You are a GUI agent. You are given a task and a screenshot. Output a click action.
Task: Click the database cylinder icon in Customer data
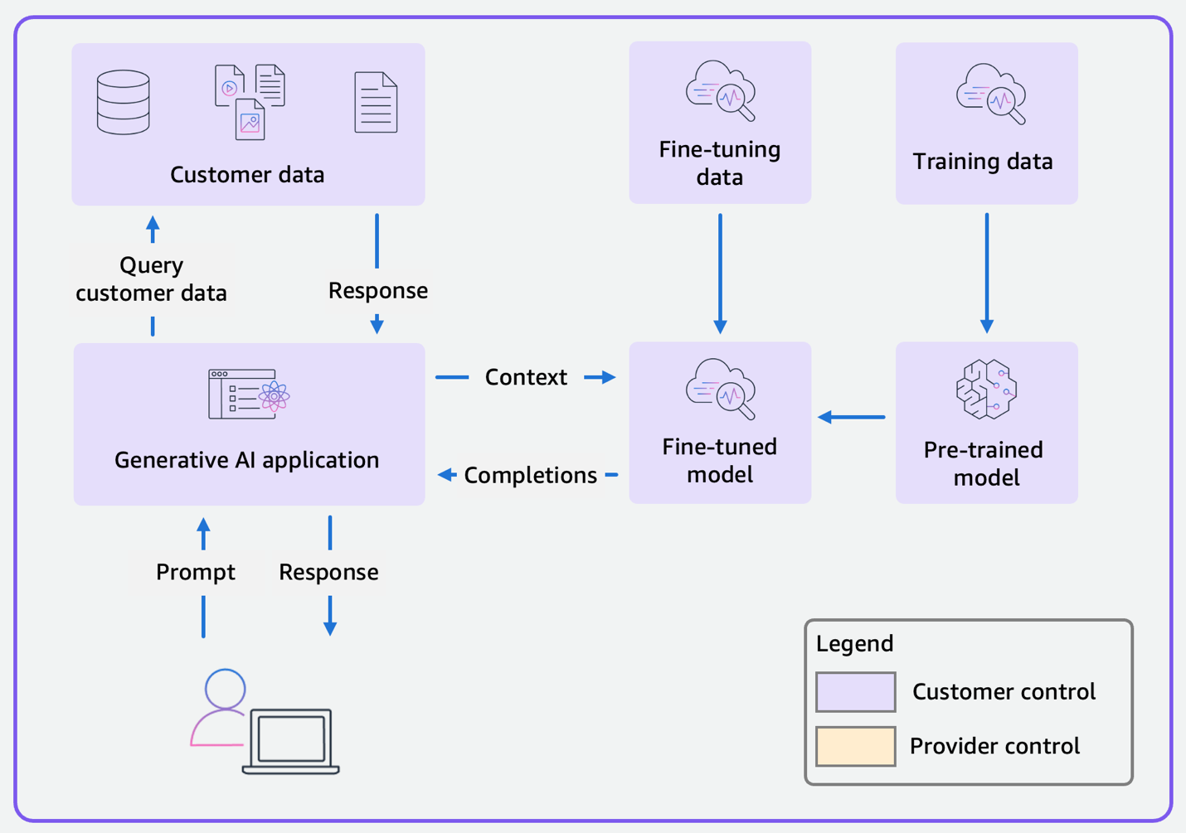[x=124, y=103]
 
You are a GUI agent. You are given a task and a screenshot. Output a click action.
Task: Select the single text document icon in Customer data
[x=376, y=103]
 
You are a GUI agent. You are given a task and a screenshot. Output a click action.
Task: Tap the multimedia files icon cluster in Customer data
[x=250, y=102]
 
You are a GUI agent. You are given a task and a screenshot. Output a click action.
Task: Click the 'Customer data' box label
[x=247, y=175]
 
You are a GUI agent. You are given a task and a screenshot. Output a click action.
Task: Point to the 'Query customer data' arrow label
[x=151, y=279]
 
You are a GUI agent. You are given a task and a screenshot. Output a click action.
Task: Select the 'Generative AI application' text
[x=246, y=460]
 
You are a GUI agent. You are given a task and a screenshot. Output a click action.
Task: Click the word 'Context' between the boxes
[x=526, y=377]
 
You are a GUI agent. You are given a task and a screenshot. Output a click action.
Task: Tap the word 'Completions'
[x=530, y=475]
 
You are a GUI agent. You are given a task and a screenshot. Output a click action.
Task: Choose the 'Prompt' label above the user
[x=196, y=572]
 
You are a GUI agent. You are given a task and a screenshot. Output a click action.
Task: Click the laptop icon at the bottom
[x=291, y=741]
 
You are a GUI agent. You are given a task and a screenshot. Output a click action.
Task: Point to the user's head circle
[x=225, y=689]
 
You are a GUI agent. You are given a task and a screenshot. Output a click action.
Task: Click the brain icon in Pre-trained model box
[x=986, y=390]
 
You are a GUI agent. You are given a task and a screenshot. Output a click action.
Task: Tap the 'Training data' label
[x=983, y=162]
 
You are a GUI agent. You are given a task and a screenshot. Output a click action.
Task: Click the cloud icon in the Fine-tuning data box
[x=720, y=90]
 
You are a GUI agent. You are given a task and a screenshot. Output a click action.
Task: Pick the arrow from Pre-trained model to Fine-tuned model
[x=852, y=417]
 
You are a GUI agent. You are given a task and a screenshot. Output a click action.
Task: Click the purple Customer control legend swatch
[x=855, y=692]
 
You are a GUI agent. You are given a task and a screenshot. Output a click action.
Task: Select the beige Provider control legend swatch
[x=855, y=746]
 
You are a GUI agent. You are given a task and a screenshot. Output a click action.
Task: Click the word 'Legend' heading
[x=854, y=643]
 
